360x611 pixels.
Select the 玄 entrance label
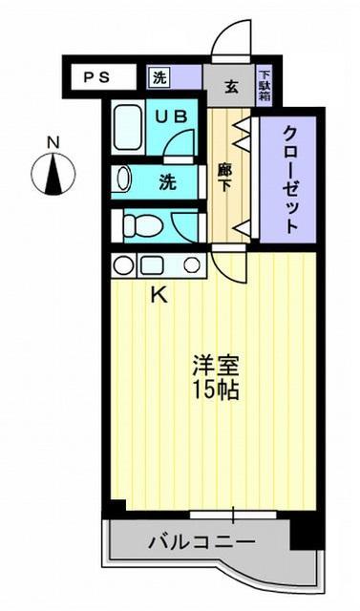[x=231, y=88]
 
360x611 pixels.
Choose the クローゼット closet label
[x=290, y=179]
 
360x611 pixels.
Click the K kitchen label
[x=159, y=295]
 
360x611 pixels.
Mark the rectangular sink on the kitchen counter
[x=153, y=265]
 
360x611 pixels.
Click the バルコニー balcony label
[x=201, y=543]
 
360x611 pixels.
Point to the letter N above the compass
[x=54, y=143]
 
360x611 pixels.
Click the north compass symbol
[x=54, y=174]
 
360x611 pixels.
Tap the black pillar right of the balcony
[x=303, y=530]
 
